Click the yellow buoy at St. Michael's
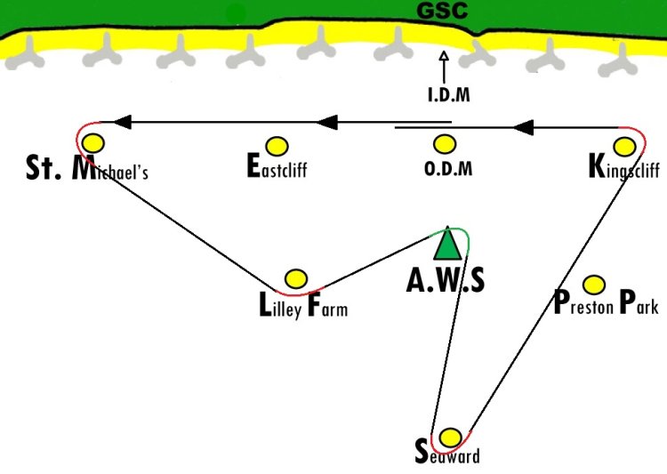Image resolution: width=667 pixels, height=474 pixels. click(x=93, y=143)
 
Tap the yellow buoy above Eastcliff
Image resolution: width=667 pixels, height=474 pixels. click(x=277, y=146)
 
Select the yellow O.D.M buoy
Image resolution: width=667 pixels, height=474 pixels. click(x=445, y=144)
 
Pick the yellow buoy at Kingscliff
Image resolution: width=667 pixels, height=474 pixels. click(x=624, y=147)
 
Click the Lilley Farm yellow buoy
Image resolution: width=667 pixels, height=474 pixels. click(x=296, y=278)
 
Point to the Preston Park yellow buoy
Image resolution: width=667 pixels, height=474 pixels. click(x=594, y=285)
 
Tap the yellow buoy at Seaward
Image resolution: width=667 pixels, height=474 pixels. click(x=450, y=438)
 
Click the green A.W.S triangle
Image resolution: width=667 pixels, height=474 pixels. click(x=447, y=244)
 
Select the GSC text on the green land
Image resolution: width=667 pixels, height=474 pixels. click(x=442, y=11)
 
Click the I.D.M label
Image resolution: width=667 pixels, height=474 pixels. click(x=449, y=94)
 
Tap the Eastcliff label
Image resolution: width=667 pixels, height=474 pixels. click(x=277, y=165)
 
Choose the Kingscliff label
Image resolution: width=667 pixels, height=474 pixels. click(x=624, y=168)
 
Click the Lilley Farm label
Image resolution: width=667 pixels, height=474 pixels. click(x=303, y=306)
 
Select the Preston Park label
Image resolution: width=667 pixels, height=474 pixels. click(x=607, y=303)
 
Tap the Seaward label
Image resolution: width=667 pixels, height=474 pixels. click(x=447, y=454)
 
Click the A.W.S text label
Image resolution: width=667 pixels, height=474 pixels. click(x=446, y=280)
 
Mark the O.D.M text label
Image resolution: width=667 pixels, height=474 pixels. click(x=448, y=168)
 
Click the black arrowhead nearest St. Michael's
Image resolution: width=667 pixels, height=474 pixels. click(x=123, y=122)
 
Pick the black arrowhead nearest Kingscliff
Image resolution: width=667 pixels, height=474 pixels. click(x=523, y=127)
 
